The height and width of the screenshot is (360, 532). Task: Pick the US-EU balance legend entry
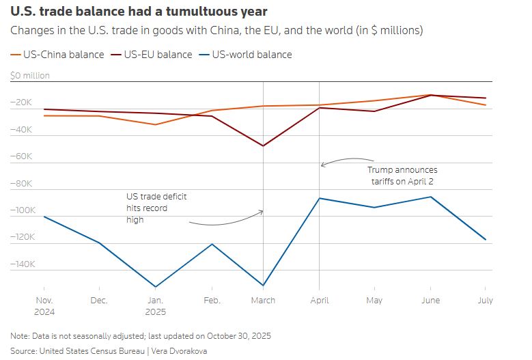click(151, 55)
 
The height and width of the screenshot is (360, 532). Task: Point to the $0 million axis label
click(30, 76)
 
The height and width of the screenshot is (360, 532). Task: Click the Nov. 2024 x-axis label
click(44, 305)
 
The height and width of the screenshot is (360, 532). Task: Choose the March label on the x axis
click(263, 301)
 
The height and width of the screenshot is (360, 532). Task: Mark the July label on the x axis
click(484, 301)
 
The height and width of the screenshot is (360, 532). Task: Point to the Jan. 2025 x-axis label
click(155, 305)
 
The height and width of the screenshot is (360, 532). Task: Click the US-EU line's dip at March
click(264, 146)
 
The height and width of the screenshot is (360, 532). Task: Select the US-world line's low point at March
click(264, 286)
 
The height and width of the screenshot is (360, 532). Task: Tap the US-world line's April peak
click(319, 198)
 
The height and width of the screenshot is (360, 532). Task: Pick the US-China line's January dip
click(155, 124)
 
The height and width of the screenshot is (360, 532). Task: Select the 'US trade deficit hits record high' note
click(156, 208)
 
